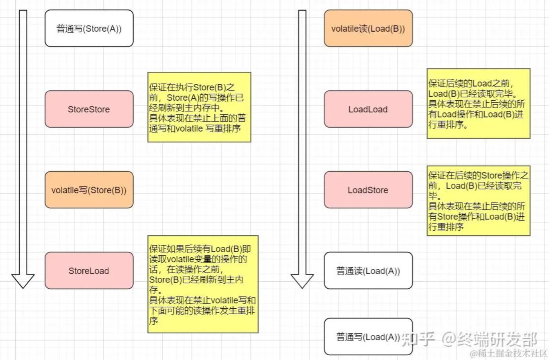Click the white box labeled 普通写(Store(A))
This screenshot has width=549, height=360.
coord(89,28)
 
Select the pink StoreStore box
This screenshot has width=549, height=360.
coord(89,109)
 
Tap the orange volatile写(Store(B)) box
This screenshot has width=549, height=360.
coord(89,190)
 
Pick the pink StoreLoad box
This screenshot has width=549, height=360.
coord(89,271)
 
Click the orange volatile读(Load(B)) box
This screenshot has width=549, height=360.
coord(368,28)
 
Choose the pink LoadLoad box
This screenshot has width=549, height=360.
coord(368,109)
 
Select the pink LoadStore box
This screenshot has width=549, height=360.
coord(368,190)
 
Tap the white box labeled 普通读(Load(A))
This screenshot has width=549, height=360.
coord(368,271)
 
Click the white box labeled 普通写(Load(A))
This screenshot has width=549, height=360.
coord(368,336)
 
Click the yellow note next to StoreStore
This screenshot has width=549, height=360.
coord(199,107)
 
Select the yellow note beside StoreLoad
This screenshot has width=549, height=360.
coord(203,284)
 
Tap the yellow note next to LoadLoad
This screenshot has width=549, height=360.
coord(478,103)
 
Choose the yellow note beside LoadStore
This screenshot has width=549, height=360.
coord(478,201)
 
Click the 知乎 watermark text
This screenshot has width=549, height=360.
coord(418,339)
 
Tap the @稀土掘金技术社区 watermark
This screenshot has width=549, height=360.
coord(509,353)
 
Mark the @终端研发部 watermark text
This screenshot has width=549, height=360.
coord(490,339)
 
